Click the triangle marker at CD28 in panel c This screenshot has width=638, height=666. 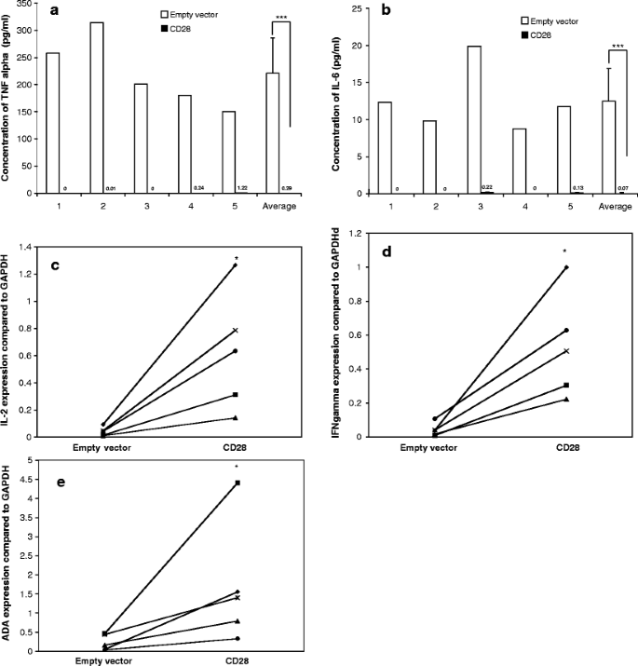click(x=236, y=417)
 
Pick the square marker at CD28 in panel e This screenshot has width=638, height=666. click(x=238, y=483)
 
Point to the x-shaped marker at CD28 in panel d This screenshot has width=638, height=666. click(x=566, y=351)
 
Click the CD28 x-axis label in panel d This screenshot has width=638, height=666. click(x=565, y=446)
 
